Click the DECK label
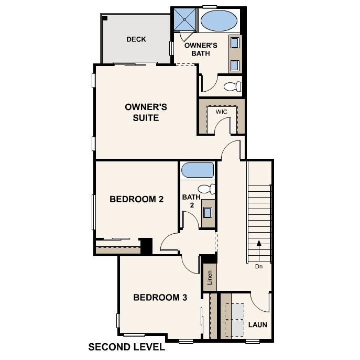tap(136, 39)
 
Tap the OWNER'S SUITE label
tap(146, 112)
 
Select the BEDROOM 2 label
tap(136, 199)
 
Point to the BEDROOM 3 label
tap(160, 298)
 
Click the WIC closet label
tap(221, 112)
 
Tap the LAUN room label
tap(257, 325)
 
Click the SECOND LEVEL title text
tap(126, 347)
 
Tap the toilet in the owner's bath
tap(231, 86)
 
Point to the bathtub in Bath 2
tap(197, 171)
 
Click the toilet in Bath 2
tap(206, 189)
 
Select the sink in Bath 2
tap(208, 212)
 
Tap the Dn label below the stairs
tap(258, 266)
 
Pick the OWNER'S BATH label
tap(198, 49)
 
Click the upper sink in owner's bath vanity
tap(235, 43)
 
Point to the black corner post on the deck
tap(105, 18)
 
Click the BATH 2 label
tap(191, 201)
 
